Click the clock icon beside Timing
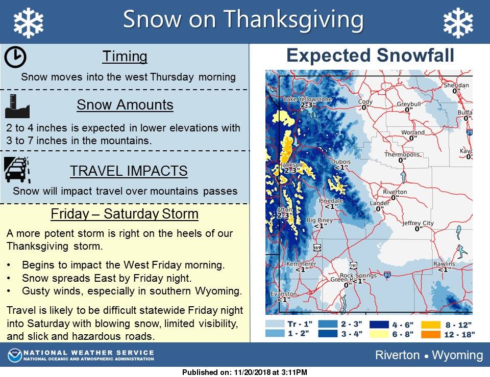coord(15,57)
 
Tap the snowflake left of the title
coord(29,23)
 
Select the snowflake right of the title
coord(458,23)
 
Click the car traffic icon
coord(17,170)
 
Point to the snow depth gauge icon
coord(17,106)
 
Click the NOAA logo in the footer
coord(15,356)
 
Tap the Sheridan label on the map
coord(456,85)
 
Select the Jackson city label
coord(291,165)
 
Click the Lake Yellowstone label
coord(308,99)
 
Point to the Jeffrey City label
coord(418,223)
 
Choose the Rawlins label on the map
coord(444,264)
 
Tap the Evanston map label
coord(283,294)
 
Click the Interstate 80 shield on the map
coord(387,275)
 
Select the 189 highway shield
coord(317,248)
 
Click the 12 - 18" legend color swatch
coord(431,334)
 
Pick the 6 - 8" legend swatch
coord(379,334)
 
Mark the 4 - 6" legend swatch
coord(379,325)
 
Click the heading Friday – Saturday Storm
coord(125,214)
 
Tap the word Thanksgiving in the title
coord(294,20)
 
